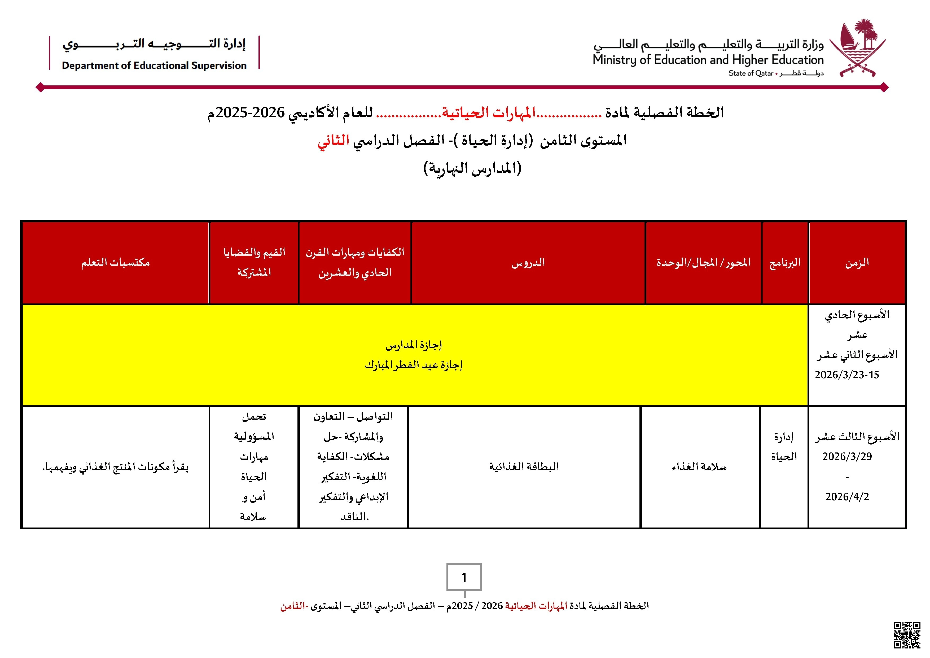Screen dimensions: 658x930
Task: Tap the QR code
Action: coord(907,635)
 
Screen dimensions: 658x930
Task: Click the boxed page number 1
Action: coord(464,577)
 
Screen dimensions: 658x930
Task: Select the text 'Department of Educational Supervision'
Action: coord(154,66)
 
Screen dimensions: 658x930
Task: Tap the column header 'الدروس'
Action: coord(528,263)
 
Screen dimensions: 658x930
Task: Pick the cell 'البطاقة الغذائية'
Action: coord(524,466)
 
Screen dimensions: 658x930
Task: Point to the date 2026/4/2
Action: coord(847,497)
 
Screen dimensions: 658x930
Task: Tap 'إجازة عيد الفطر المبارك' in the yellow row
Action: coord(414,365)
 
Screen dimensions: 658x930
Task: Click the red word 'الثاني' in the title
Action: coord(333,141)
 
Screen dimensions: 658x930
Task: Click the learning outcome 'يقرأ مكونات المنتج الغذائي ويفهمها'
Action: coord(116,467)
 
